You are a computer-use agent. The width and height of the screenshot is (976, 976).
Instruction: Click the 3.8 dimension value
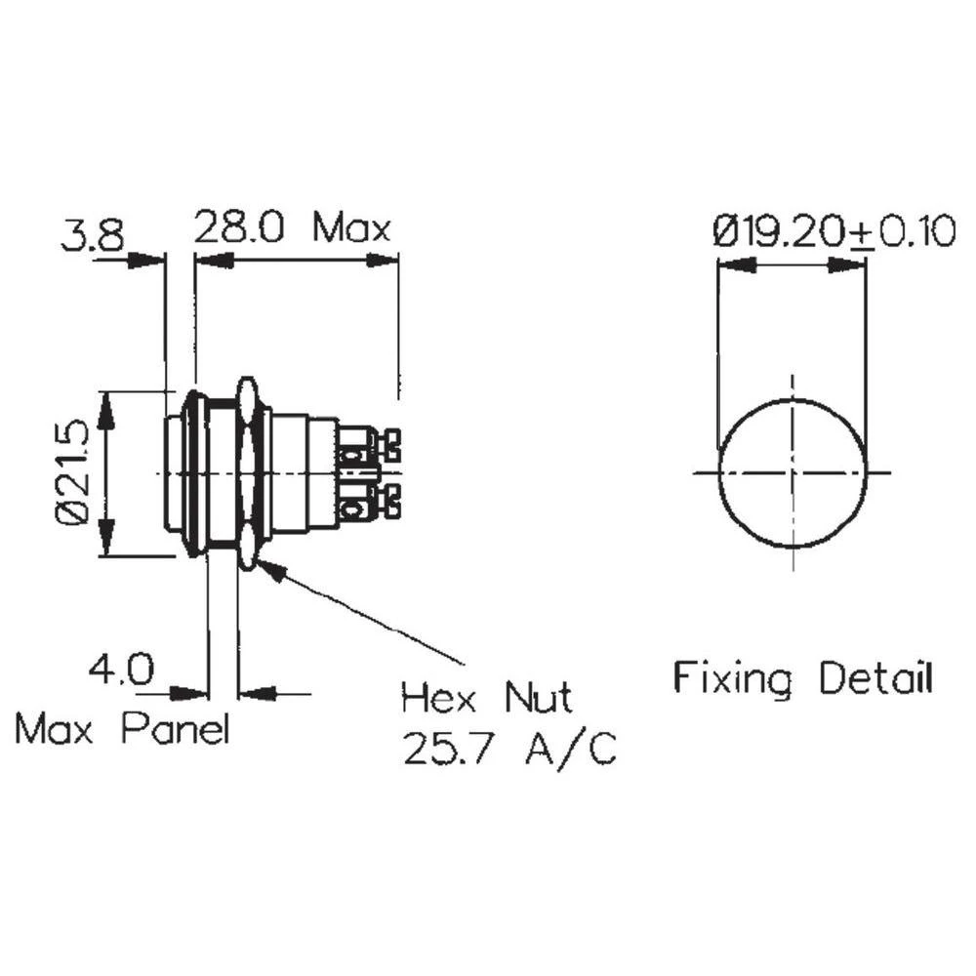pyautogui.click(x=93, y=235)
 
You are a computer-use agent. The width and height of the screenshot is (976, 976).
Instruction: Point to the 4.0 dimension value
pyautogui.click(x=121, y=670)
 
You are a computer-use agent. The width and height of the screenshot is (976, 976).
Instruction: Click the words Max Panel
pyautogui.click(x=122, y=728)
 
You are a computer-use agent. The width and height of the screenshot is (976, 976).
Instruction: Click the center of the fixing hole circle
pyautogui.click(x=792, y=472)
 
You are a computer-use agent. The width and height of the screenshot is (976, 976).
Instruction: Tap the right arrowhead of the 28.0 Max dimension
pyautogui.click(x=384, y=261)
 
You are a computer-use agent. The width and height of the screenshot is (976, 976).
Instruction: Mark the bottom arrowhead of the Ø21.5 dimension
pyautogui.click(x=107, y=539)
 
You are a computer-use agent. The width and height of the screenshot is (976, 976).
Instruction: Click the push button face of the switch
pyautogui.click(x=172, y=473)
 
